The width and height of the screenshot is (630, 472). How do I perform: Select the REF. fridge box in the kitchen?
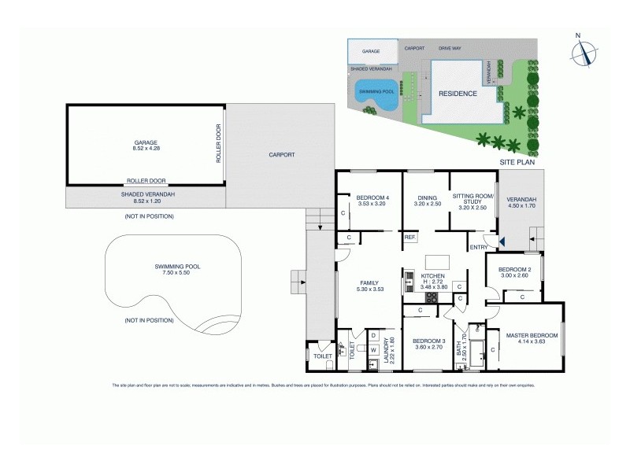409,237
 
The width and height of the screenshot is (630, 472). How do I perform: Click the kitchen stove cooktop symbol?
409,279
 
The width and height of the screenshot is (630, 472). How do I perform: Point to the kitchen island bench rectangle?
435,261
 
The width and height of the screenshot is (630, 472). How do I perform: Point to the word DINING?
427,198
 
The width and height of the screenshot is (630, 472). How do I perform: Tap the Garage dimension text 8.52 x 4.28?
146,149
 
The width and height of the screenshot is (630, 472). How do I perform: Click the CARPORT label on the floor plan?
281,155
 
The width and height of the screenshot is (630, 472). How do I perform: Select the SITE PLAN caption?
517,161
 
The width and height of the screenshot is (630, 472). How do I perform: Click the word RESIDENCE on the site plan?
458,93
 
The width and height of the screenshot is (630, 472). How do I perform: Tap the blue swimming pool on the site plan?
376,92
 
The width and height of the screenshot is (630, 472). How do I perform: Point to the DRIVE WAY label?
450,48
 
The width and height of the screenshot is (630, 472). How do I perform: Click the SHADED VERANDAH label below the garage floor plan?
147,194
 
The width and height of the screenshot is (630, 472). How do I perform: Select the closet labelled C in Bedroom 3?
421,311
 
